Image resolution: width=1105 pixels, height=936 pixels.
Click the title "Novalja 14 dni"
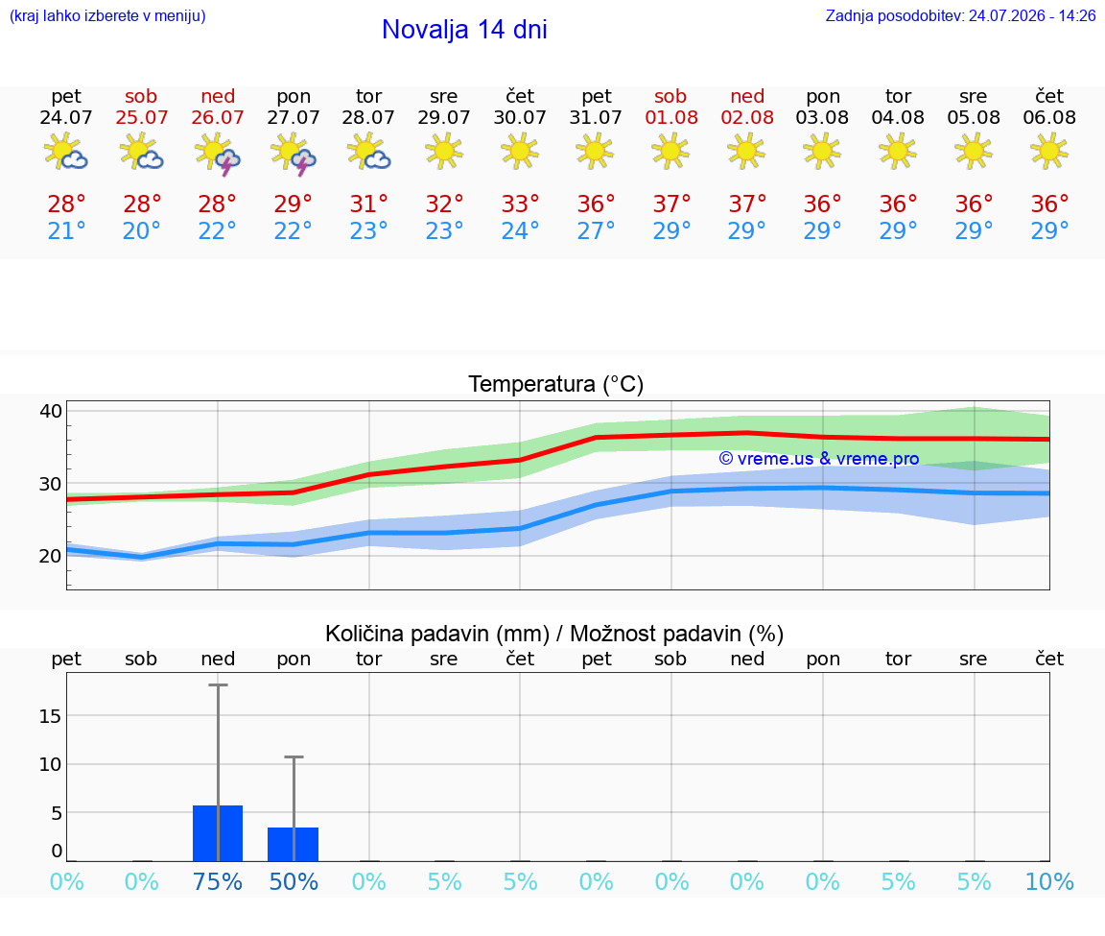click(x=464, y=30)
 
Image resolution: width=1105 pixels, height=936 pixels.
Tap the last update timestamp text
click(x=960, y=16)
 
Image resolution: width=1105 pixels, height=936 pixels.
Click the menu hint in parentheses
click(x=107, y=16)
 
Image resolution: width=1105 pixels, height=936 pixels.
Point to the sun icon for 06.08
click(x=1049, y=151)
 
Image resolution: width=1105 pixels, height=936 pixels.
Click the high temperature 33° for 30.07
click(x=520, y=204)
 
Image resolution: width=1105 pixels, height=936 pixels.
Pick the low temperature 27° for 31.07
click(x=597, y=230)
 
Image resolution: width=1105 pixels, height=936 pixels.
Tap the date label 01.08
click(x=671, y=118)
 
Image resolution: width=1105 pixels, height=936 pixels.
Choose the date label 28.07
click(x=368, y=118)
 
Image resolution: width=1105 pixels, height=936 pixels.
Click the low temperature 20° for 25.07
click(x=142, y=230)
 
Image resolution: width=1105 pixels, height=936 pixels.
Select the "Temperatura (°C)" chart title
click(x=556, y=384)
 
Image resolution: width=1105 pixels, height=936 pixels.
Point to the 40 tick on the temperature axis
click(x=52, y=411)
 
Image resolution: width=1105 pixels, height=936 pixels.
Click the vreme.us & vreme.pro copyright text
click(x=819, y=459)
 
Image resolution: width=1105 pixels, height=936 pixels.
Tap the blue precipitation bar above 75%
click(x=218, y=833)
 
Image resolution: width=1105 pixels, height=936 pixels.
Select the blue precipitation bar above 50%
click(x=294, y=844)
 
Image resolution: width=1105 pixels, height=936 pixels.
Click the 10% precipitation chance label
click(x=1049, y=882)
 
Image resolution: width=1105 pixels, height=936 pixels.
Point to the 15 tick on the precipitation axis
click(x=51, y=716)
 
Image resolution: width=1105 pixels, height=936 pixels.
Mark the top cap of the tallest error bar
click(x=218, y=684)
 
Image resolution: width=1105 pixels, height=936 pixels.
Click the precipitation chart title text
click(x=554, y=635)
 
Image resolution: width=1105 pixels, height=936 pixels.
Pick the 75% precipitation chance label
click(x=218, y=882)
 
